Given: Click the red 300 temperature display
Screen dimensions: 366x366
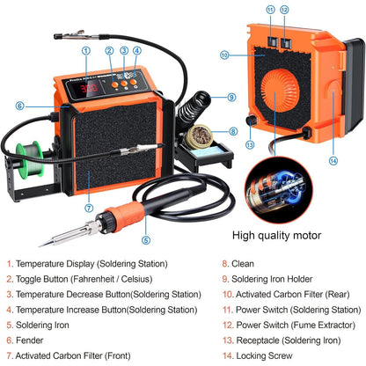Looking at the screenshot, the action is click(89, 88).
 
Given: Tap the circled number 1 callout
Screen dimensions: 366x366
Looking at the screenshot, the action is click(86, 51).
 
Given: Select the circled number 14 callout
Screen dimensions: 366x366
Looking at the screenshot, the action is click(333, 161).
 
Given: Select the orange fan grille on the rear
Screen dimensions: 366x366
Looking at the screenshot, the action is click(280, 91).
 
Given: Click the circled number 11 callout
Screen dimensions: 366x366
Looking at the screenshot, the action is click(270, 10).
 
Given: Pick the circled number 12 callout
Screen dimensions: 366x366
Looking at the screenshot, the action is click(284, 10).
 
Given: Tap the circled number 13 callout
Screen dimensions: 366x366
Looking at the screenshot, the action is click(250, 144).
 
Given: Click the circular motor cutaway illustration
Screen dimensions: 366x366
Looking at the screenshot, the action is click(279, 189).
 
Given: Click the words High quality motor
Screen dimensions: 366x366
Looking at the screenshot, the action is click(276, 235).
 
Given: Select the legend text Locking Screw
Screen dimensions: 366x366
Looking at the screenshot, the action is click(264, 355).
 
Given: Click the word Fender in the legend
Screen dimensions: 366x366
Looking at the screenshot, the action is click(29, 340).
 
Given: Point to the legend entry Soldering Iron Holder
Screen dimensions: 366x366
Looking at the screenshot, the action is click(272, 279).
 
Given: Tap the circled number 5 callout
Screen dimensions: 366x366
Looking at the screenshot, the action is click(146, 240).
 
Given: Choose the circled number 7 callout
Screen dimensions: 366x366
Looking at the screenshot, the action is click(89, 208).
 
